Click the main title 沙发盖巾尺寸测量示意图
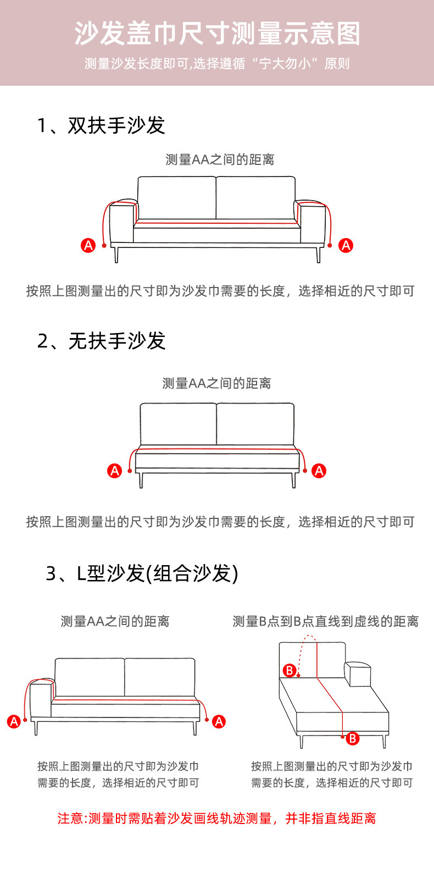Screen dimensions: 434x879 point(217,34)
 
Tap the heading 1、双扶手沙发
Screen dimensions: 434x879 point(101,125)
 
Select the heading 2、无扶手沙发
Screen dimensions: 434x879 point(101,341)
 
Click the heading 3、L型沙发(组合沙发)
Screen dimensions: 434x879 point(142,573)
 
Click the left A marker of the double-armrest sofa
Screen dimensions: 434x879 point(88,245)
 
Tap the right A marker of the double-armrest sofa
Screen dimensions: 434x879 point(346,245)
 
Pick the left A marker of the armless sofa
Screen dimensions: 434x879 point(114,471)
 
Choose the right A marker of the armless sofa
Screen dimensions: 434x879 point(319,471)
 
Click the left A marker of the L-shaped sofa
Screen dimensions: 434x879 point(14,721)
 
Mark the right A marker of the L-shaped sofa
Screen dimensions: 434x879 point(219,721)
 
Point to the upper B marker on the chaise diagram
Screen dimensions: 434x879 point(290,670)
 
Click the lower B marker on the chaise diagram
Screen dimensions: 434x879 point(353,738)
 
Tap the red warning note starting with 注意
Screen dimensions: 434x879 point(217,819)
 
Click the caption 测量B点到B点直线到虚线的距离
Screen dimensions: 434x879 point(325,622)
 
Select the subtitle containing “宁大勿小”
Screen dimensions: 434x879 point(217,64)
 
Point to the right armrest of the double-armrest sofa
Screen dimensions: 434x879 point(310,222)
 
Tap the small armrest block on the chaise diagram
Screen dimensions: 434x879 point(357,674)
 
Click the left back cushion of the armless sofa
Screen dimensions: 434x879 point(178,424)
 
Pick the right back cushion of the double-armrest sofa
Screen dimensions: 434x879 point(255,198)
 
